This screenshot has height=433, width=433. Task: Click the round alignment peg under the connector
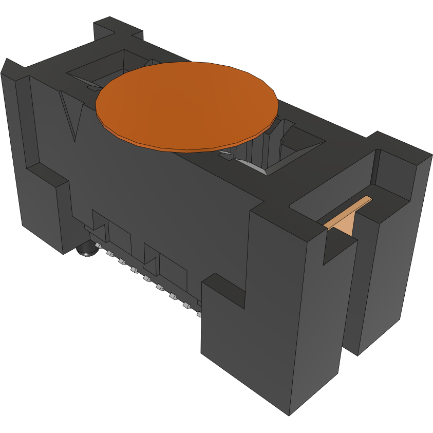(x=86, y=250)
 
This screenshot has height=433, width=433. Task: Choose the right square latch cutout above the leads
(x=152, y=256)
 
